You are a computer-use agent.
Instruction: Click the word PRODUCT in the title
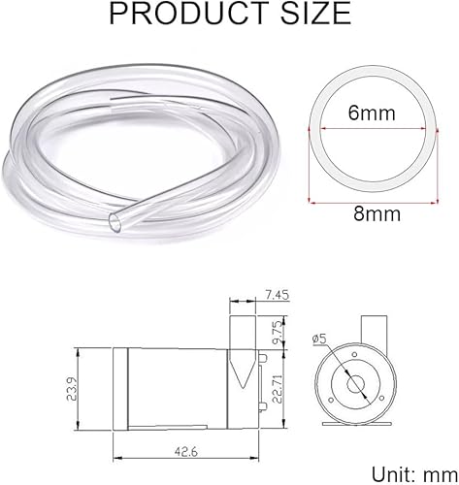[188, 14]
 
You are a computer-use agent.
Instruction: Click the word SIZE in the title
[315, 14]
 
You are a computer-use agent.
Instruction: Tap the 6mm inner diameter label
[372, 113]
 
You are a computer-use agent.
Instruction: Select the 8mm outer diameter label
[377, 213]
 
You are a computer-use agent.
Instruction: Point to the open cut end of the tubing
[115, 223]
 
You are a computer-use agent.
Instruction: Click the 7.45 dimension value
[276, 295]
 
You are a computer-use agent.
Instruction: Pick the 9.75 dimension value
[279, 333]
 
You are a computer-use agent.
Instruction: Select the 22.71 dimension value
[278, 389]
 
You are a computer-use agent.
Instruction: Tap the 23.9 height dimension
[72, 389]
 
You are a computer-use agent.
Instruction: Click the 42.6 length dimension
[186, 452]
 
